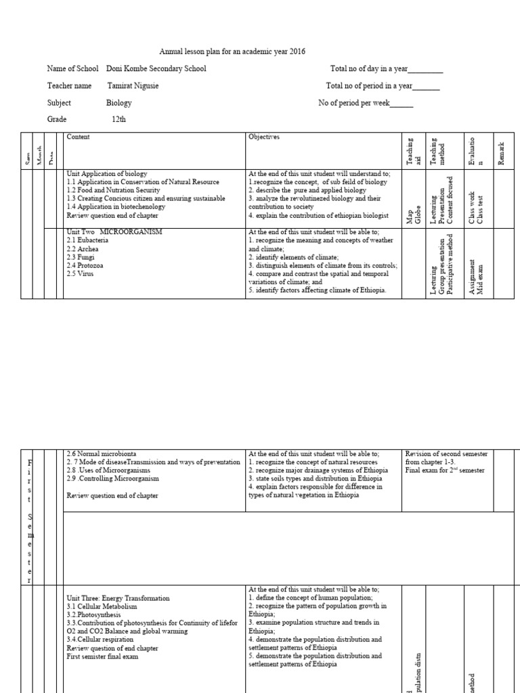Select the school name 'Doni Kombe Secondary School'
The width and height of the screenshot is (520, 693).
(156, 68)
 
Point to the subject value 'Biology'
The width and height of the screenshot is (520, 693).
(119, 103)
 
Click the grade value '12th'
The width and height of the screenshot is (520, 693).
(118, 119)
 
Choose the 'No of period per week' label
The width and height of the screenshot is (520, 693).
(354, 103)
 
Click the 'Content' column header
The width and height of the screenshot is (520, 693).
(79, 137)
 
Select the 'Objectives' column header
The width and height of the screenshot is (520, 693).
(264, 137)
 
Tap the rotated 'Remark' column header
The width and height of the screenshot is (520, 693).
(502, 150)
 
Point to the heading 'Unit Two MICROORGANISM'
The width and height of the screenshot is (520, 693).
(114, 232)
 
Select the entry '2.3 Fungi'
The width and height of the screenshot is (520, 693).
(81, 257)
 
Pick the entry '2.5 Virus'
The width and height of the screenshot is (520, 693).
(81, 273)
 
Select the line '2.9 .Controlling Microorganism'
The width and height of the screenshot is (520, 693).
(112, 478)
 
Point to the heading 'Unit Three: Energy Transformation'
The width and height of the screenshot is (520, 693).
(118, 598)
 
